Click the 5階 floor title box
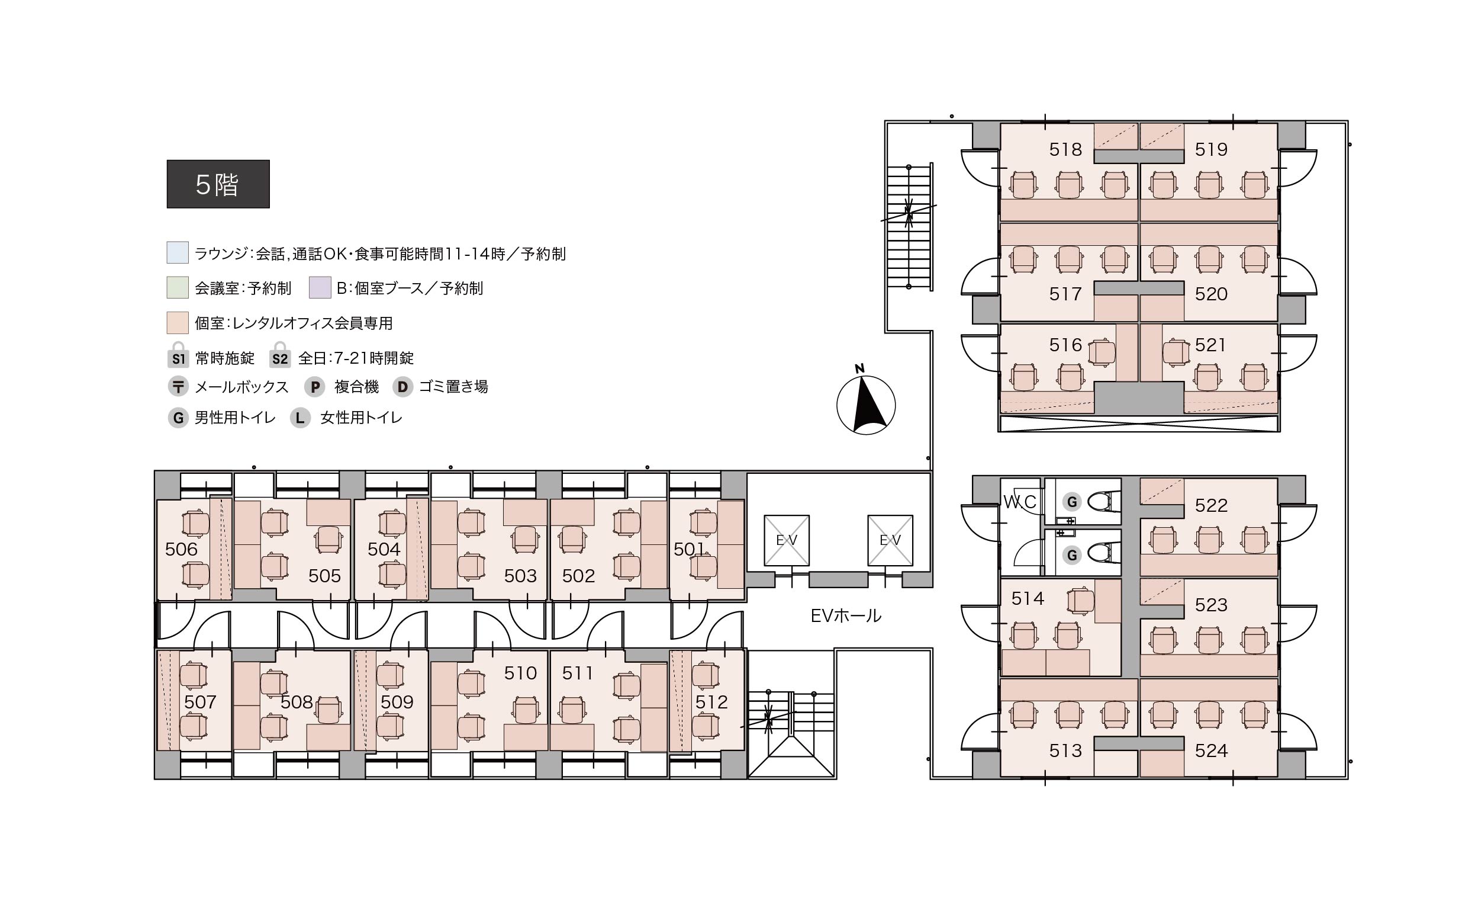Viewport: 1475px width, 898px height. [218, 184]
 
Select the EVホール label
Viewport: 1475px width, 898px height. [846, 615]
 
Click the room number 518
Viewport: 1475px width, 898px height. [1065, 149]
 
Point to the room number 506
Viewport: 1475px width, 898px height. [181, 549]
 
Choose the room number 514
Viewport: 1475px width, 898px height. [1028, 598]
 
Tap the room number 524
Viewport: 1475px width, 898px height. [1211, 751]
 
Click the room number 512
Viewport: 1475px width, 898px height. [711, 701]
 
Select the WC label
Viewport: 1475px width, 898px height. [1019, 502]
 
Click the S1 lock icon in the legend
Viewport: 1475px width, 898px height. [178, 355]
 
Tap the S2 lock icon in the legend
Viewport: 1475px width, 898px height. [279, 355]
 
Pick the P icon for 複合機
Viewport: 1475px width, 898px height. [315, 387]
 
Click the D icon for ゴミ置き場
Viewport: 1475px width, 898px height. [403, 387]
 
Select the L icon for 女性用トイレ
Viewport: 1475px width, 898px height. [300, 418]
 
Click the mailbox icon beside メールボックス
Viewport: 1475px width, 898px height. [178, 386]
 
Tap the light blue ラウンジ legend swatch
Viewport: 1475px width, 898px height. [178, 253]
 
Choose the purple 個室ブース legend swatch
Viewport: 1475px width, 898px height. [320, 287]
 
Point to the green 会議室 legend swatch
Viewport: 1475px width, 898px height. [178, 287]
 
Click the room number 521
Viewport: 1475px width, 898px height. [1210, 345]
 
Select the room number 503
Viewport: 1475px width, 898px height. [520, 576]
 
